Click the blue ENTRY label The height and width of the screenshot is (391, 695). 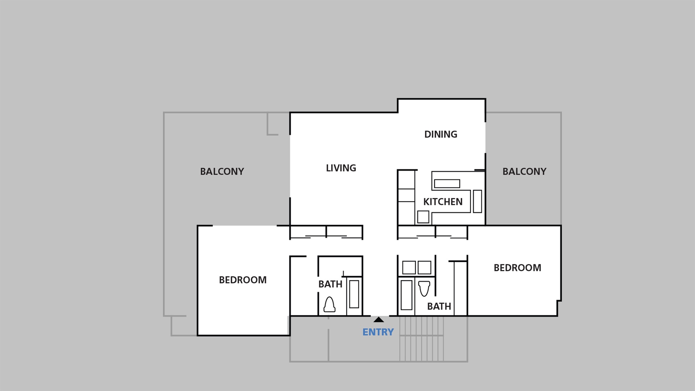pos(378,332)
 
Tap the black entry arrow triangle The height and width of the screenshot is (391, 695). pos(379,320)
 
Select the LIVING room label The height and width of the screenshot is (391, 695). pos(341,168)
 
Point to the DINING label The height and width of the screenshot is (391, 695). pos(441,134)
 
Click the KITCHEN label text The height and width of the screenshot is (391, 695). pos(443,202)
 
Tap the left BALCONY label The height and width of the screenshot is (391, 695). pos(222,172)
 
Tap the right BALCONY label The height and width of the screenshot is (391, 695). pos(524,172)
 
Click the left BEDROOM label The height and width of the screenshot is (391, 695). pos(243,280)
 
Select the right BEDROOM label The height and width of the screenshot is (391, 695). pos(517,268)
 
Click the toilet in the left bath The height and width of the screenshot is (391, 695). pos(329,305)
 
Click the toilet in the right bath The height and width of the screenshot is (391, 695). pos(424,288)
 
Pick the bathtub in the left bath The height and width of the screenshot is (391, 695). pos(354,294)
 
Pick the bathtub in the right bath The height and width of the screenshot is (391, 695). pos(407,295)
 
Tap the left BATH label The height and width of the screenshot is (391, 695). pos(330,284)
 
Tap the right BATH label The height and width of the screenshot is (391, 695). pos(439,306)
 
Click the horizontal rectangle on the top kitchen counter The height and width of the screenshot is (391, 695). pos(447,184)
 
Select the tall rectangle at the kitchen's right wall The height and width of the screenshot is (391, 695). pos(477,201)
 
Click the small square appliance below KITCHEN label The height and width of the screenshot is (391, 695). pos(423,217)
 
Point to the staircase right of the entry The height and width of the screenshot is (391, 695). pos(422,339)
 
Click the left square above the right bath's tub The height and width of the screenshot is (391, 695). pos(409,268)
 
